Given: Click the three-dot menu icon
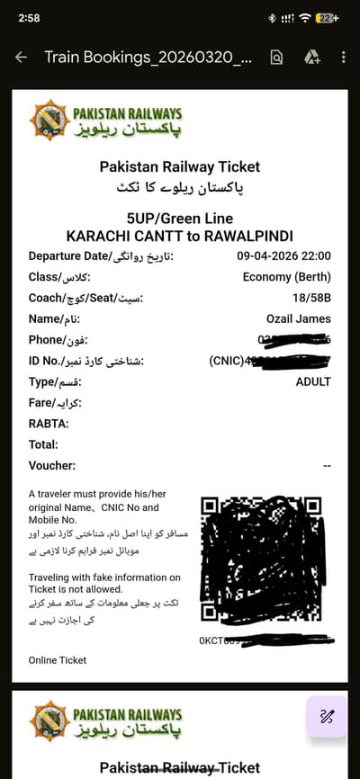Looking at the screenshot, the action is pos(343,58).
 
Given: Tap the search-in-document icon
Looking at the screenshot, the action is pos(276,58).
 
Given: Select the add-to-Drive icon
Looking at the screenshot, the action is pos(311,58).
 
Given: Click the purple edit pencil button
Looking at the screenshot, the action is pos(327,717).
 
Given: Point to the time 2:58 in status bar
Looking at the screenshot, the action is pos(29,18).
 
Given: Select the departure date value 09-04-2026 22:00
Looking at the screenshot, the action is pos(283,256).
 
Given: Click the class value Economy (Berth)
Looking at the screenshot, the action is pos(287,277).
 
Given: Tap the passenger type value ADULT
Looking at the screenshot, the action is pos(313,381).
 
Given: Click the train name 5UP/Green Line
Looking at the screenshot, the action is pos(180,219).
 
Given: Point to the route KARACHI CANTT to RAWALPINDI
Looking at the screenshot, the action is pos(180,236).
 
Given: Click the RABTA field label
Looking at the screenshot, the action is pos(49,424).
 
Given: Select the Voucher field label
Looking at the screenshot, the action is pos(52,466).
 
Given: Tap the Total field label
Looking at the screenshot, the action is pos(43,444).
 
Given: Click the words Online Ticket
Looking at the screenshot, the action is pos(58,660).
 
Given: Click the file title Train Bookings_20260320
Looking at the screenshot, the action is pos(148,58).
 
